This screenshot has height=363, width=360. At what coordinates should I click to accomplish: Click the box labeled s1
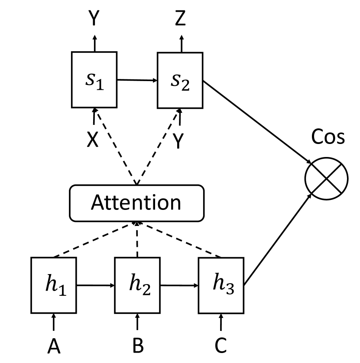94,80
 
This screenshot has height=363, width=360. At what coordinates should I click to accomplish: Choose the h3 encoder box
221,285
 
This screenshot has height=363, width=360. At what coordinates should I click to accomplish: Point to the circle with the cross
327,178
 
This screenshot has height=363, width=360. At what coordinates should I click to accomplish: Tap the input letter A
53,347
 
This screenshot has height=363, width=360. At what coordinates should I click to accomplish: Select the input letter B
137,347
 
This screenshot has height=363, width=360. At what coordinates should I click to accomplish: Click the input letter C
221,347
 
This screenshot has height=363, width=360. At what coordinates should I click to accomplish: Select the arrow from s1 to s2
137,80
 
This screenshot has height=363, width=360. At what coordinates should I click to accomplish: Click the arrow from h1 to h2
95,285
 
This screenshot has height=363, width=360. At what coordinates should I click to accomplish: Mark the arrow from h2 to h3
179,285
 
